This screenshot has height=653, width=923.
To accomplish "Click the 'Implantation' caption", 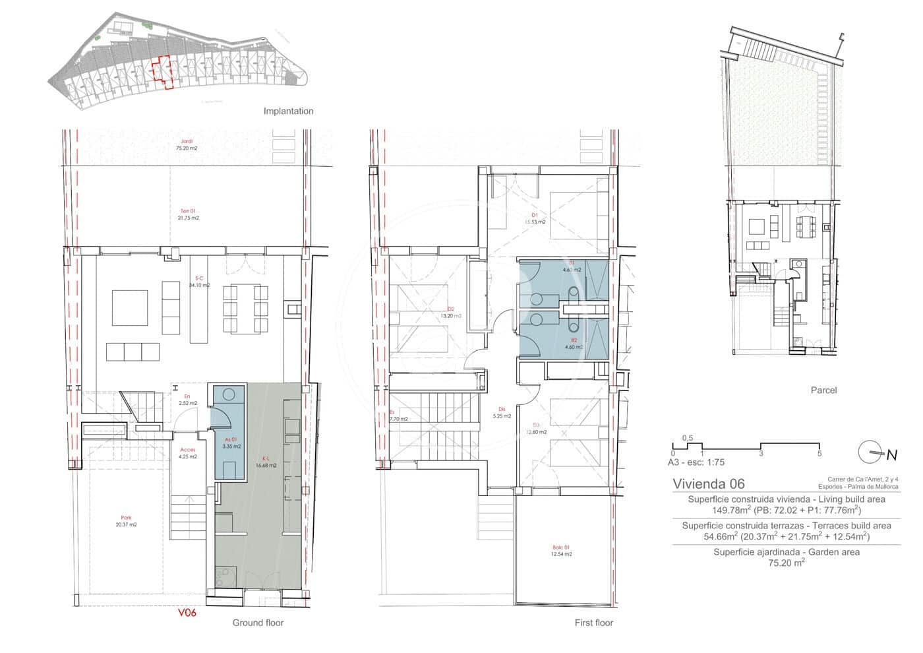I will pos(288,111).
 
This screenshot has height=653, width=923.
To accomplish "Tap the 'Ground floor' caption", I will pos(257,623).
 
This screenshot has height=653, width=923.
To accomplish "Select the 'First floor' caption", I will pos(593,623).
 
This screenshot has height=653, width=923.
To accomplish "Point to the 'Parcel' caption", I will pos(823,390).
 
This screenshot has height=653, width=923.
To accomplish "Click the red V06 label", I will pos(187,613).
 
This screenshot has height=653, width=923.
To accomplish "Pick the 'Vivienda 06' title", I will pos(708,483).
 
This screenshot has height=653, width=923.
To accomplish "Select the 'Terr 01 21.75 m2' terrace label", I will pos(189,214).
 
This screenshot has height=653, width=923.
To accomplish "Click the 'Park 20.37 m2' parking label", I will pos(125,521).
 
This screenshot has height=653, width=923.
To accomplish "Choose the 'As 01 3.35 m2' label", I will pos(230,443).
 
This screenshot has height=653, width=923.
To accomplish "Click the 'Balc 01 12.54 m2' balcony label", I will pos(562,551).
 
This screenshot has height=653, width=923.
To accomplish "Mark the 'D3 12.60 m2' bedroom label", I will pos(535,429).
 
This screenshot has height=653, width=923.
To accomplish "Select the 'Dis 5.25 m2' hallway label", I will pos(502,412).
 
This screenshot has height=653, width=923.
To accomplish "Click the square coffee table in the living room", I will pos(130,307).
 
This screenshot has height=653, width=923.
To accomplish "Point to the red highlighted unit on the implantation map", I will pos(162,71).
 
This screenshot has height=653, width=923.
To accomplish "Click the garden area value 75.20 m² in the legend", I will pos(786,563).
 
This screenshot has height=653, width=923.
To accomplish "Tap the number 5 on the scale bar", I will pos(819,454).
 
